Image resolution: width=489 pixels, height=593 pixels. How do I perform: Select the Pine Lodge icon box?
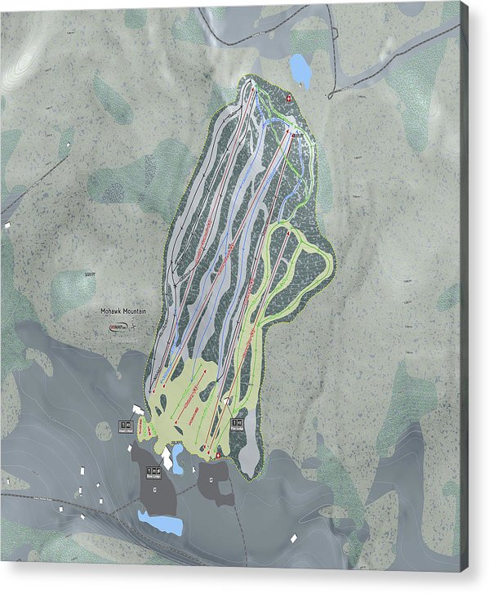[x=237, y=423]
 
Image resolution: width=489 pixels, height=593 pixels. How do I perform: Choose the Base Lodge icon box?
[x=153, y=471]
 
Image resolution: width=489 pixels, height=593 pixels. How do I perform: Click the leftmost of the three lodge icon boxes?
[x=127, y=426]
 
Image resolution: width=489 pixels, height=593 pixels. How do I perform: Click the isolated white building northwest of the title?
[x=9, y=224]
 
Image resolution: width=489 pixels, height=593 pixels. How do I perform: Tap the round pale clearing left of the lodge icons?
[x=104, y=430]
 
